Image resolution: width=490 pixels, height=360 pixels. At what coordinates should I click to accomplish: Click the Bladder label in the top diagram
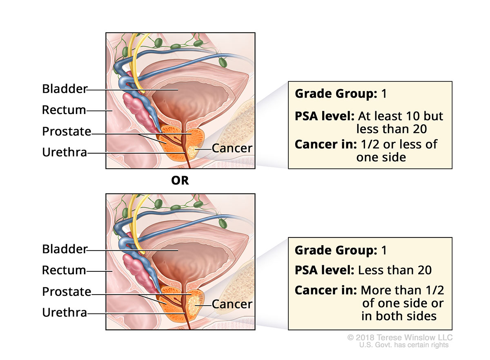[x=65, y=89]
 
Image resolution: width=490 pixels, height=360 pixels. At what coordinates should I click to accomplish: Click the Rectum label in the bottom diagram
[x=64, y=270]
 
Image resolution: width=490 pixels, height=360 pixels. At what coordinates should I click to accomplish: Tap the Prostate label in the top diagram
[x=66, y=131]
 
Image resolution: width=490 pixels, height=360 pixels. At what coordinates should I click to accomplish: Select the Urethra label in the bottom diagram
[x=65, y=313]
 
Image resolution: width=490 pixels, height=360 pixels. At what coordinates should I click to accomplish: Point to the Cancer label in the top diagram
[x=232, y=148]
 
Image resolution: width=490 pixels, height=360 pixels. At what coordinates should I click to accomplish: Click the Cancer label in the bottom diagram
[x=232, y=304]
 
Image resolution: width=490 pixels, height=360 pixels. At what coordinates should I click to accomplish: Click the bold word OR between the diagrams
[x=180, y=181]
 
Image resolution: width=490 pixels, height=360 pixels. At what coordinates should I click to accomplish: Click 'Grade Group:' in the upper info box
[x=335, y=94]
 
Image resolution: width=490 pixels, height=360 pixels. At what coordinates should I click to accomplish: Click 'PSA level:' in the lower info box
[x=324, y=270]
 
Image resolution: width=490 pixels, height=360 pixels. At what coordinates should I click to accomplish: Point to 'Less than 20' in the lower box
[x=395, y=270]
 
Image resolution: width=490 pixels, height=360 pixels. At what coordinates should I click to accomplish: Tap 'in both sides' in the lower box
[x=399, y=316]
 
